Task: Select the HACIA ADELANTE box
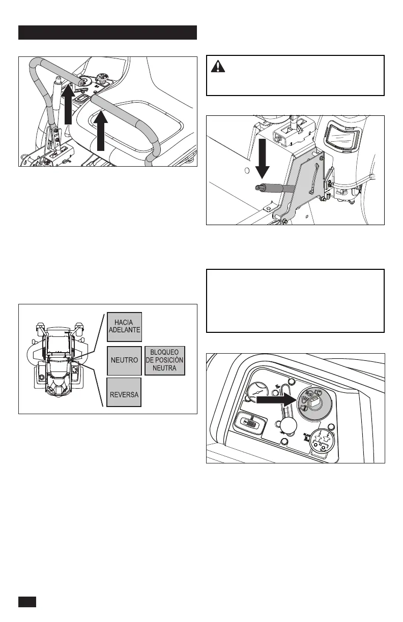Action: [124, 326]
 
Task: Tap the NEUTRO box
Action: [124, 360]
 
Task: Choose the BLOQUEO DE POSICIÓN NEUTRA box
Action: [164, 360]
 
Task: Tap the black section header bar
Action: [107, 33]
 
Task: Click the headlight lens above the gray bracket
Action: [343, 135]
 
